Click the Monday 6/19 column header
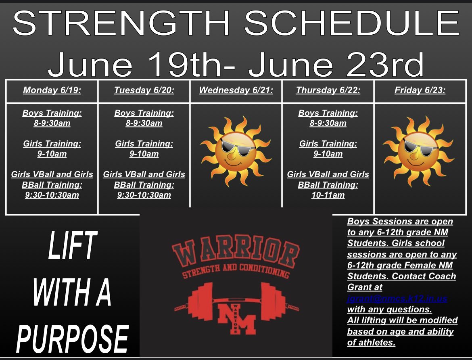(52, 90)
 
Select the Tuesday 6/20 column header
(144, 90)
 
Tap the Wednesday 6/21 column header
(236, 90)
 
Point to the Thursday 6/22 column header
(328, 90)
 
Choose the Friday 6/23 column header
(420, 90)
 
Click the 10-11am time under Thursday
(328, 195)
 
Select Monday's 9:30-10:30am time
(52, 195)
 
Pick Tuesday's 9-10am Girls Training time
(144, 154)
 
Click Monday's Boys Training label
(52, 113)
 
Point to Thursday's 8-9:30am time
(328, 123)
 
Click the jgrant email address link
(397, 299)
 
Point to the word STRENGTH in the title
(121, 23)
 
